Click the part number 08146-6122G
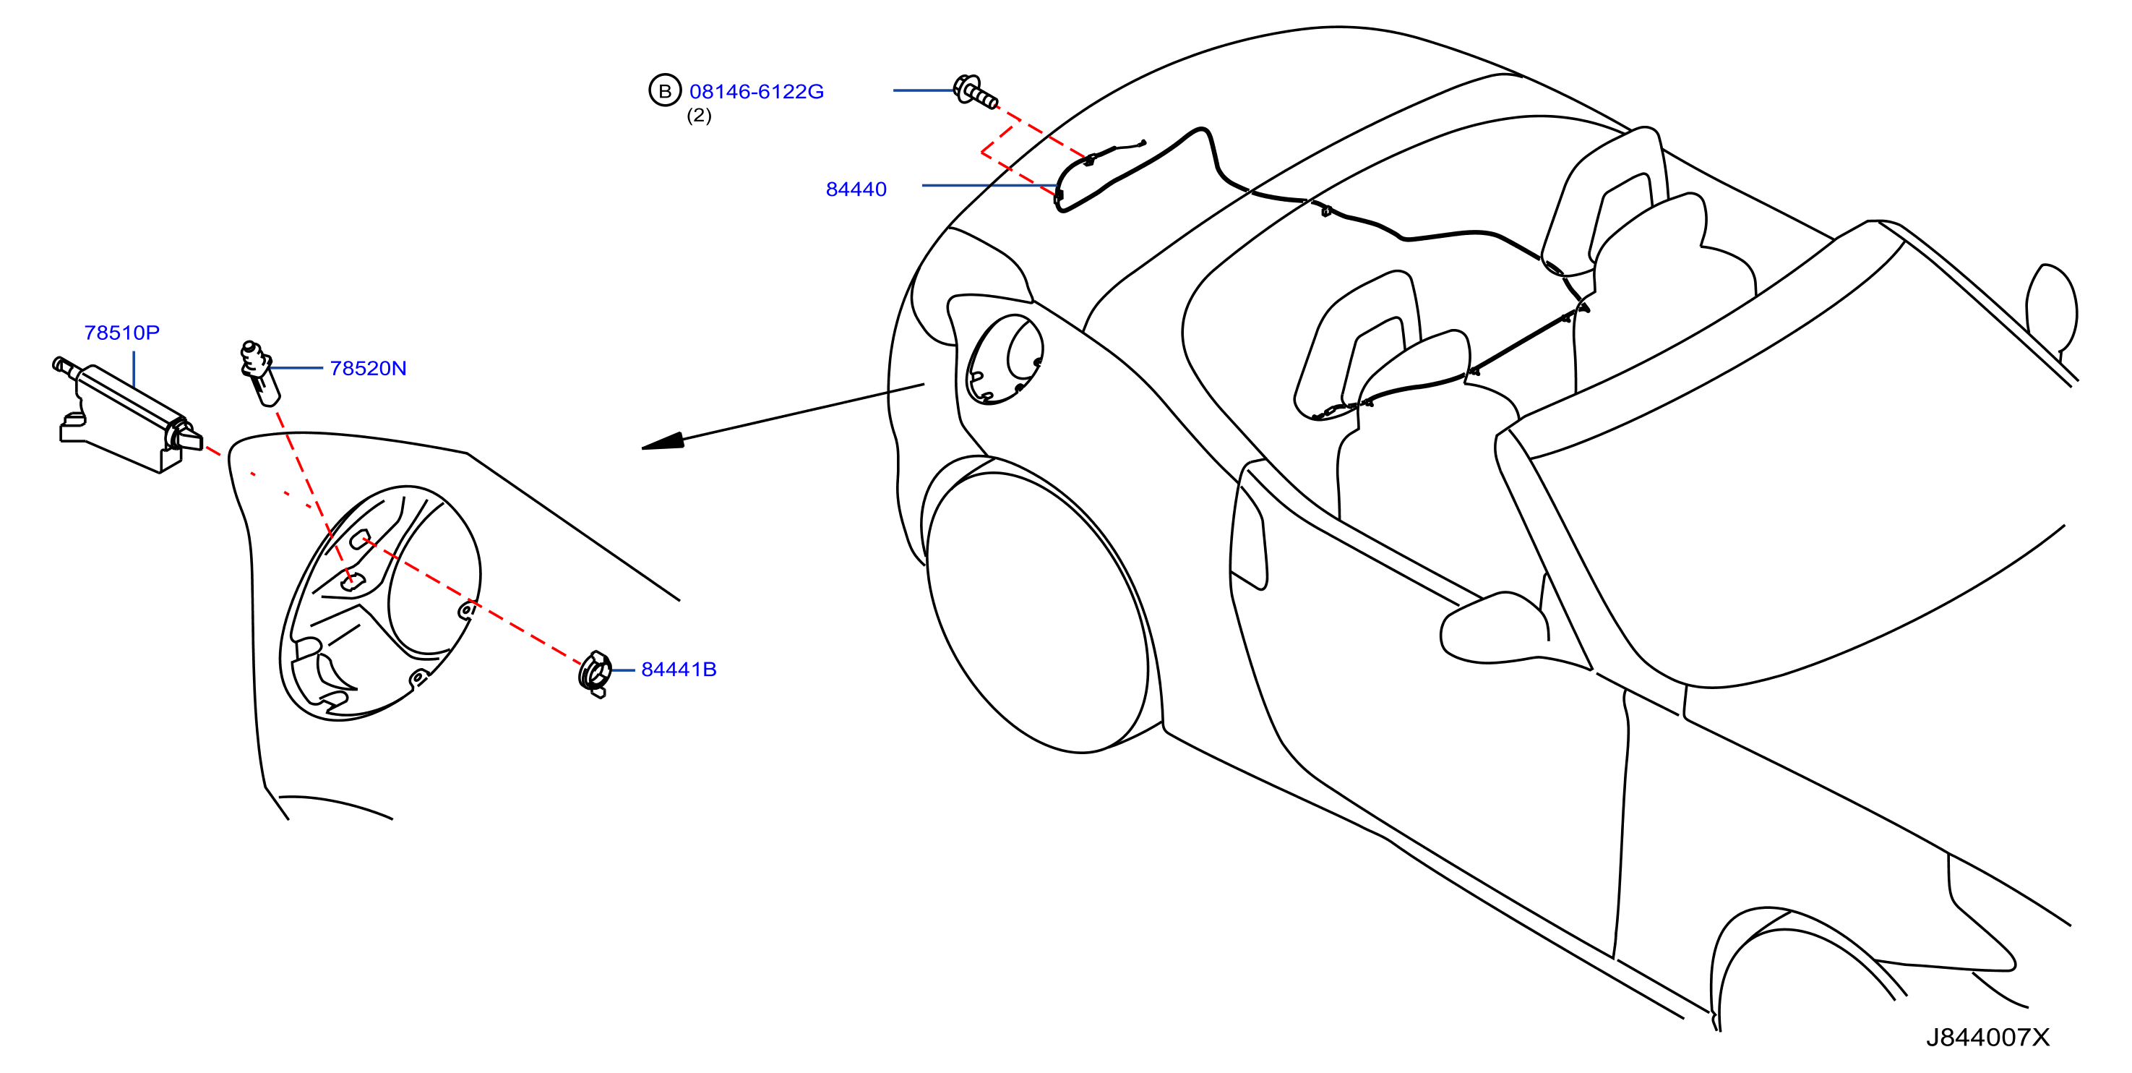757,92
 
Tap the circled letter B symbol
665,91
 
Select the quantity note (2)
700,116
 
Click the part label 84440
856,189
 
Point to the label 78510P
121,333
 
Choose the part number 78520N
369,369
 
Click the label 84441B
679,670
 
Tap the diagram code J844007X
1987,1038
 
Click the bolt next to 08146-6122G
975,91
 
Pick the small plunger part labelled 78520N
260,372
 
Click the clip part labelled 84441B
595,673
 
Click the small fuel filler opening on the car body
1004,359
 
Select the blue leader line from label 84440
989,185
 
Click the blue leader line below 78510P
133,369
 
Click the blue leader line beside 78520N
296,367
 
